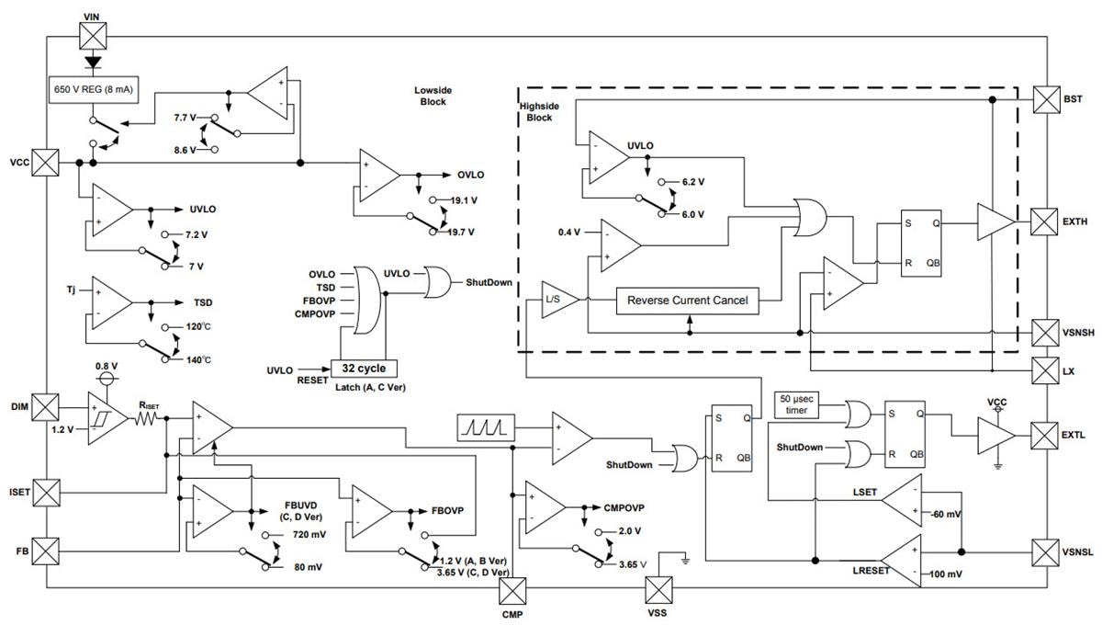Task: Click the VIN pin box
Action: click(x=92, y=37)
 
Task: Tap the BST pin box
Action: click(x=1047, y=97)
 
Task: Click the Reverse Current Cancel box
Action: click(x=687, y=301)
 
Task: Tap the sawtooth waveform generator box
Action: click(x=485, y=426)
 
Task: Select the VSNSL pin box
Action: click(x=1047, y=552)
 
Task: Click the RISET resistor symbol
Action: click(x=148, y=418)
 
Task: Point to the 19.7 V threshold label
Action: click(x=461, y=232)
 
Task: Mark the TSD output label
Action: click(x=203, y=301)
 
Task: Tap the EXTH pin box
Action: click(x=1047, y=222)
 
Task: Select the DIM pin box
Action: click(x=46, y=405)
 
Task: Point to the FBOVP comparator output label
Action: click(x=447, y=508)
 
